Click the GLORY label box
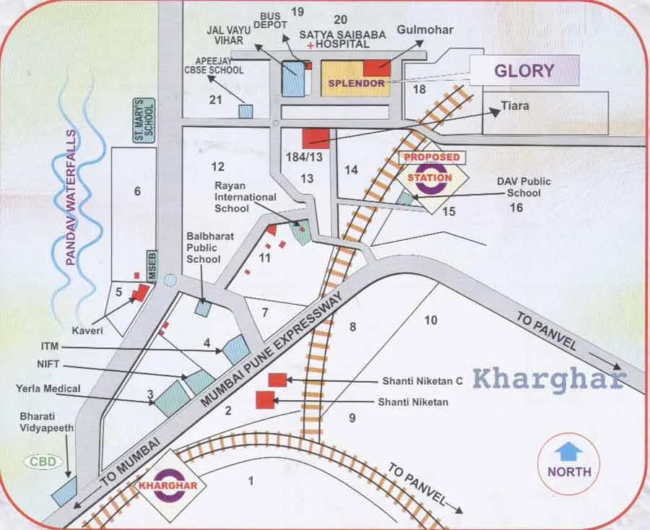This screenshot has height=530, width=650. pyautogui.click(x=525, y=71)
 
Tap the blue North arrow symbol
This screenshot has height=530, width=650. pyautogui.click(x=570, y=453)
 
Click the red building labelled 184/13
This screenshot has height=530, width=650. pyautogui.click(x=316, y=138)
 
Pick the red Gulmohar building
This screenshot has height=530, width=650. pyautogui.click(x=376, y=68)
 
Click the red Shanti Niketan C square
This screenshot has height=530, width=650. pyautogui.click(x=277, y=379)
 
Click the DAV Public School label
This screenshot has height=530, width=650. pyautogui.click(x=524, y=187)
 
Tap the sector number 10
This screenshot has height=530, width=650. pyautogui.click(x=431, y=320)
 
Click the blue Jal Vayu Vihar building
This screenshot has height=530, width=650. pyautogui.click(x=292, y=79)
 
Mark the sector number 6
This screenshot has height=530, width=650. pyautogui.click(x=137, y=191)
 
